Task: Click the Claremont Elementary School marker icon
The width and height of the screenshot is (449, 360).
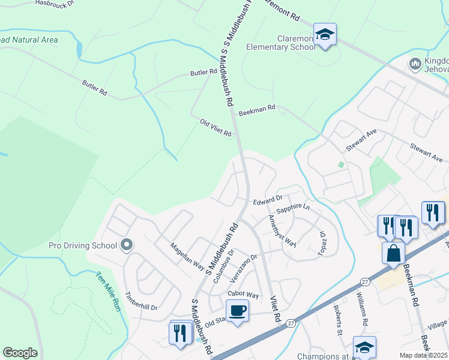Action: (325, 34)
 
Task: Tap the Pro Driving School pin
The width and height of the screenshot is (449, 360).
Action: (127, 245)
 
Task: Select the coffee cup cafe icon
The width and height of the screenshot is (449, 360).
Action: (237, 311)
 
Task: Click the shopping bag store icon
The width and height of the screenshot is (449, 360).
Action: (393, 253)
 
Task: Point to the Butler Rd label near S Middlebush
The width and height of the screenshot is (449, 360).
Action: (203, 73)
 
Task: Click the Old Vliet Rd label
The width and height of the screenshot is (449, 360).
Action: (215, 128)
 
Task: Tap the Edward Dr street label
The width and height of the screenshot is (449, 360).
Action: (267, 199)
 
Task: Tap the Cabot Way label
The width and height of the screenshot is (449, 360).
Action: (243, 295)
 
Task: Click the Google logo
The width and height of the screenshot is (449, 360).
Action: (20, 353)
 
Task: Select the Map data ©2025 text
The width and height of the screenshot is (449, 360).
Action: (423, 355)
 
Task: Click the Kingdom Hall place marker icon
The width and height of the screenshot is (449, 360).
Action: (415, 63)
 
